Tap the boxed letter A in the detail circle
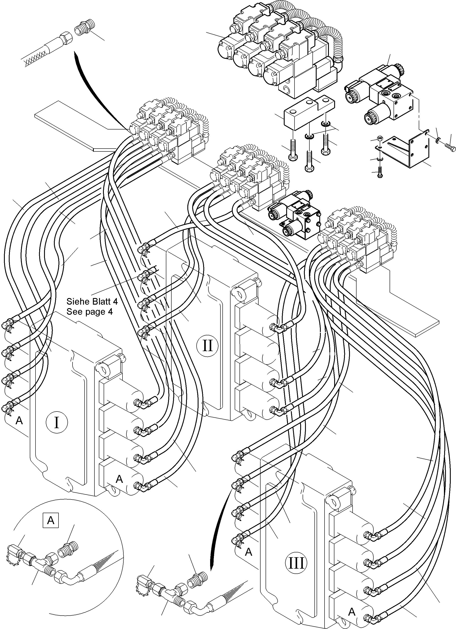(51, 520)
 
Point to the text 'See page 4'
(89, 312)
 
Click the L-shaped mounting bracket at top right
(407, 150)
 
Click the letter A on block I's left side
(19, 421)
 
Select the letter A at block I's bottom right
(119, 479)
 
